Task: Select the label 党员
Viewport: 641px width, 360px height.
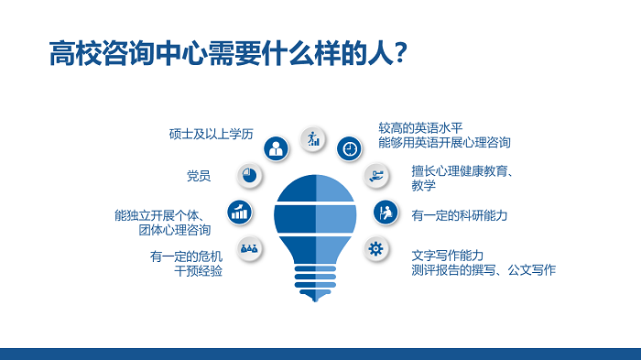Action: pos(199,175)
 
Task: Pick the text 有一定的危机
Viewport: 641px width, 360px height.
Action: pos(186,256)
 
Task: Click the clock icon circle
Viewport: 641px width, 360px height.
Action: pos(350,147)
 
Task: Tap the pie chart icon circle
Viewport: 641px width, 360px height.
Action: pos(248,175)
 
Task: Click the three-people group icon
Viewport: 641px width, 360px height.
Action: pos(248,247)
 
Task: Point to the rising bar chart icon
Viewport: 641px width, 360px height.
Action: pos(241,212)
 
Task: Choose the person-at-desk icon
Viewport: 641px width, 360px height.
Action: pos(386,212)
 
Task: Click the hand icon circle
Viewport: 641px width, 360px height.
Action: pos(375,174)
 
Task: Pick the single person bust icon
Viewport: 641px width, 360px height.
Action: pos(275,147)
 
